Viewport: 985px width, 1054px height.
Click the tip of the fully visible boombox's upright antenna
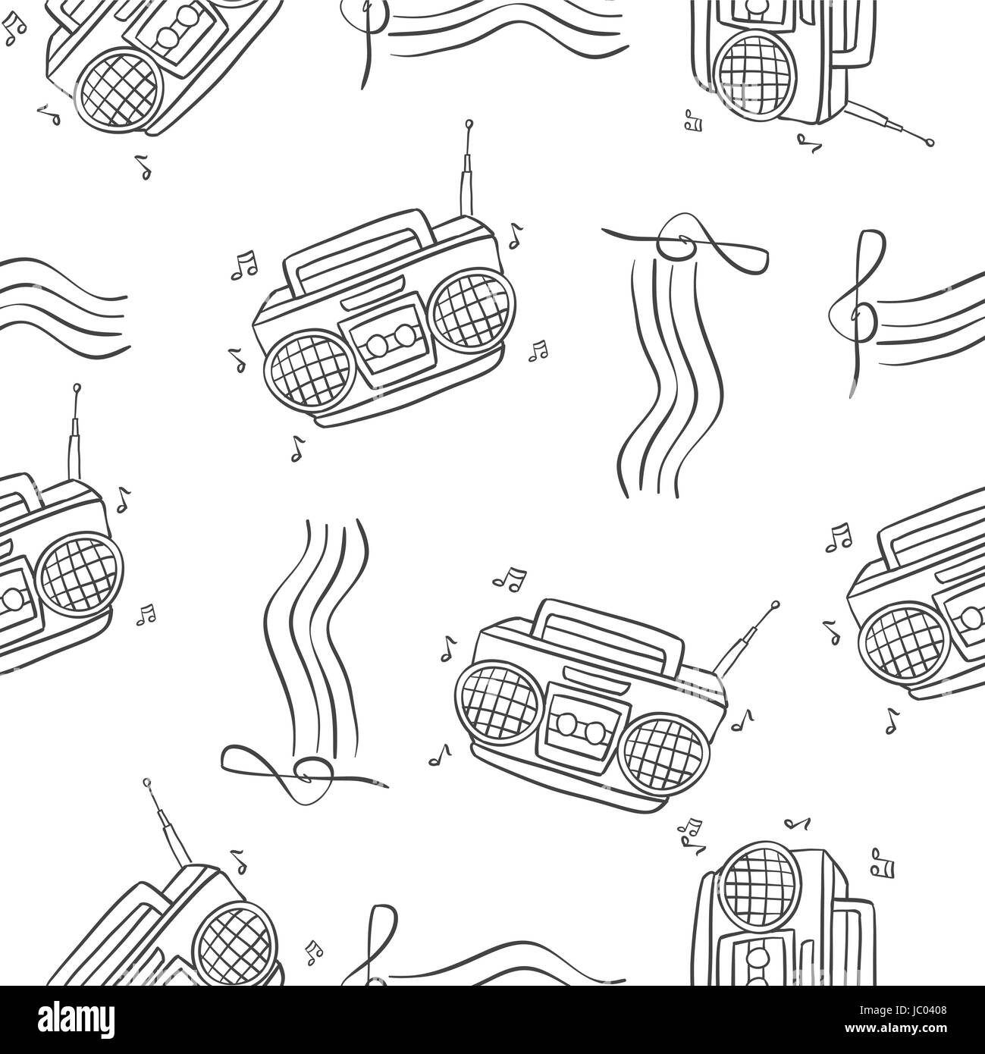[469, 122]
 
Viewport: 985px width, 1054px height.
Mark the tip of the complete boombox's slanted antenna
[775, 605]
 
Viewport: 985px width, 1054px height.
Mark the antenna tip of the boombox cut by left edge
[77, 388]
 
